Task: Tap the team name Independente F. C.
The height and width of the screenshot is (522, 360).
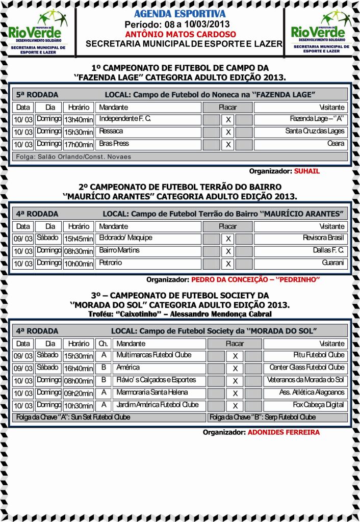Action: tap(125, 119)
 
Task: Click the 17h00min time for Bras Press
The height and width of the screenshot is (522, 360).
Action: tap(78, 144)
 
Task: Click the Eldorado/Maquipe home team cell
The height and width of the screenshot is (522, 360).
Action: tap(125, 238)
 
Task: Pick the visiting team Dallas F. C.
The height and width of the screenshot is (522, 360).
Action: tap(328, 251)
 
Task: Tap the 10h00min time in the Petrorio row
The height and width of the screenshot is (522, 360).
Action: tap(78, 264)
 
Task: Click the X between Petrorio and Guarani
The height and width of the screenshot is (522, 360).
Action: tap(228, 264)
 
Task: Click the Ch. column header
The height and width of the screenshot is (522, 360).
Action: tap(102, 344)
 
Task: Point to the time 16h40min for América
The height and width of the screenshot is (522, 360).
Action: tap(78, 368)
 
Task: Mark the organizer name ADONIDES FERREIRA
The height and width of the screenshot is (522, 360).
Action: tap(284, 432)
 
